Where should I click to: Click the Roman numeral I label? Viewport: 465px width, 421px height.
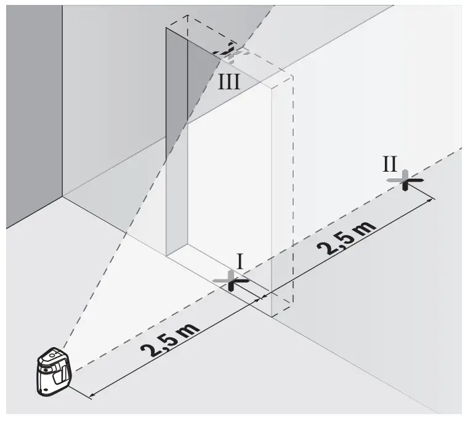240,261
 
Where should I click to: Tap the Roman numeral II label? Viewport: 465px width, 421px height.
390,164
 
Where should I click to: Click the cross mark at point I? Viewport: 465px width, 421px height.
230,281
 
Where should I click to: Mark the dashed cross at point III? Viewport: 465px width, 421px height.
229,52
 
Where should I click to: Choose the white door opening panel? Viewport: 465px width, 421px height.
228,185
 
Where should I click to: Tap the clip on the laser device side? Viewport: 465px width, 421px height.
63,372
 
